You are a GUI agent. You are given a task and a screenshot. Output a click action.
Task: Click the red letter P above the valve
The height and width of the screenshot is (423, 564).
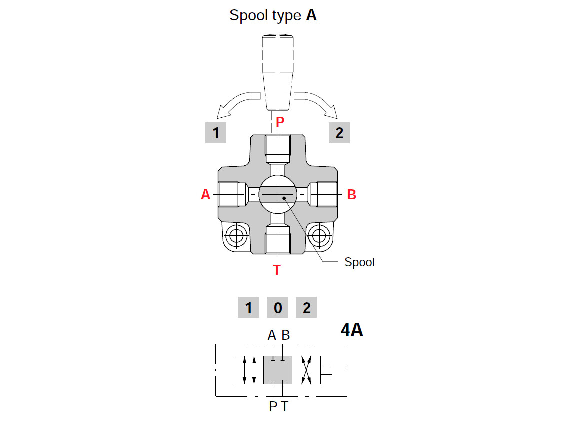coord(279,122)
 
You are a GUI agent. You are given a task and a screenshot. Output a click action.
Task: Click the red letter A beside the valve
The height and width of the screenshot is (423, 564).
coord(205,195)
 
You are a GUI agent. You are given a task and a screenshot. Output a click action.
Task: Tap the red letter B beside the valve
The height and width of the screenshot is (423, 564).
coord(351,195)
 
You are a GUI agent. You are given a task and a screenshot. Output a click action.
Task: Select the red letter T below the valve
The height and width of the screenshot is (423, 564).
coord(277,270)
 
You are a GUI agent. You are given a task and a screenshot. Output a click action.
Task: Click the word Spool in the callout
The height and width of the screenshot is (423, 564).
coord(359,262)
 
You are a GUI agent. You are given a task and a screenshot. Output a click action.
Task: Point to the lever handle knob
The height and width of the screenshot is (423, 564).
coord(278,70)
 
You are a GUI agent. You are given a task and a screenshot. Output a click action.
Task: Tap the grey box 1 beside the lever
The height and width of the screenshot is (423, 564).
coord(216,133)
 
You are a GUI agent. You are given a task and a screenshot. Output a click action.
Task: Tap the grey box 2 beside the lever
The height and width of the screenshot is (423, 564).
coord(339,133)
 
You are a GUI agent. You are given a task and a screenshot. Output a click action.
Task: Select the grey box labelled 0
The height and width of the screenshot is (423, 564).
coord(277,308)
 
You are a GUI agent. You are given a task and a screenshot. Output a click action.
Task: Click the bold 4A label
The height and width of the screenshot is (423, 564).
coord(351,330)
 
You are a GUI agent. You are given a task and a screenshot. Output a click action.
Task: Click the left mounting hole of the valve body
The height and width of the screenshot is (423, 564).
coord(235,234)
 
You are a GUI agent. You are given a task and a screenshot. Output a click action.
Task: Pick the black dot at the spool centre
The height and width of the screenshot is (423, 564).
coord(284,198)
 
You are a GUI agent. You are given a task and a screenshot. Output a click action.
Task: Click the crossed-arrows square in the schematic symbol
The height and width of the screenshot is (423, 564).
coord(306,370)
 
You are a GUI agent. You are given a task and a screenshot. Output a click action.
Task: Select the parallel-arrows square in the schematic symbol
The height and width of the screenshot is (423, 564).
coord(249,370)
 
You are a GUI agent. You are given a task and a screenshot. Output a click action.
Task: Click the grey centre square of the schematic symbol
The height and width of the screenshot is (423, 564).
coord(277,370)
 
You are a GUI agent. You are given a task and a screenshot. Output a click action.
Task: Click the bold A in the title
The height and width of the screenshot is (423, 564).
coord(311,15)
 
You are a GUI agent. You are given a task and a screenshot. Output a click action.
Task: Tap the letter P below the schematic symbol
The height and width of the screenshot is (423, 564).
coord(273,407)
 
